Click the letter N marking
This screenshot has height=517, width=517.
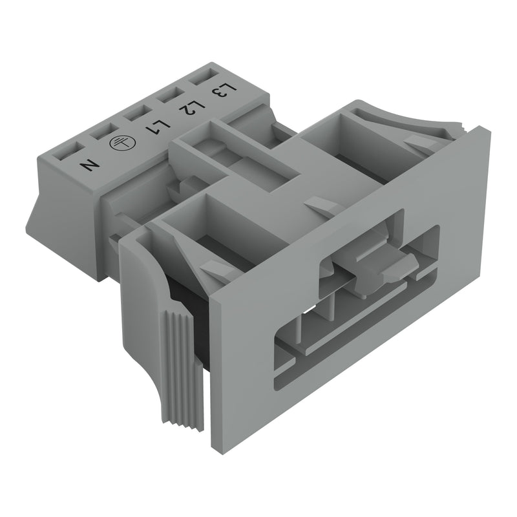pos(90,165)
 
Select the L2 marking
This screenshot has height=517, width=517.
pos(192,107)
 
